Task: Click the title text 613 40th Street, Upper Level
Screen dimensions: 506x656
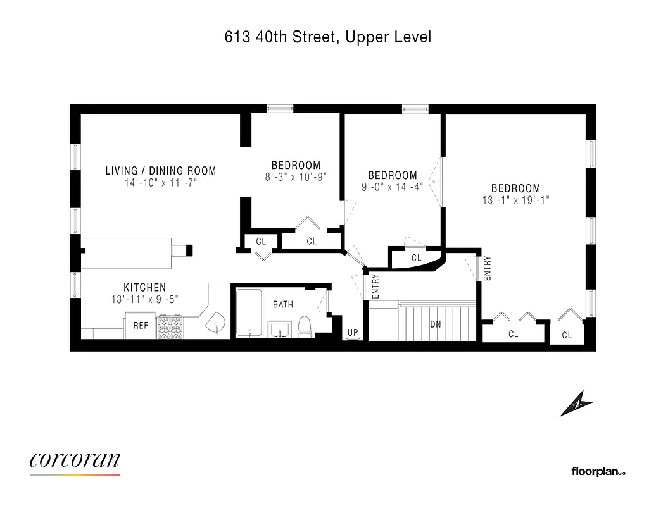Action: [328, 37]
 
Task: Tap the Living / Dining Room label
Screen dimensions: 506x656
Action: [160, 171]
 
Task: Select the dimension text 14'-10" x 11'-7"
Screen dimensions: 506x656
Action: [160, 183]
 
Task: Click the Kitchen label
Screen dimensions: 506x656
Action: [144, 288]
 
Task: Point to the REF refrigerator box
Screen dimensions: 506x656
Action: [140, 326]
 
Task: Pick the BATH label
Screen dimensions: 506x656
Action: [283, 305]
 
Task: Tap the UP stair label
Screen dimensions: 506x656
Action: [353, 331]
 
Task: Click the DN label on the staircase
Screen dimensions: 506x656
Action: [436, 324]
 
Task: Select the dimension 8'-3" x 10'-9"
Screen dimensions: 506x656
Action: [295, 178]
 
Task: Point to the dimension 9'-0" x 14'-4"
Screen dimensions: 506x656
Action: [393, 187]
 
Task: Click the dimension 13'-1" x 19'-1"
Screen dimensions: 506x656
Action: [515, 200]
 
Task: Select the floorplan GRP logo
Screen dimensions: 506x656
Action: [598, 471]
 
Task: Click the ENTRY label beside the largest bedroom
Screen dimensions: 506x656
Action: [487, 268]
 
